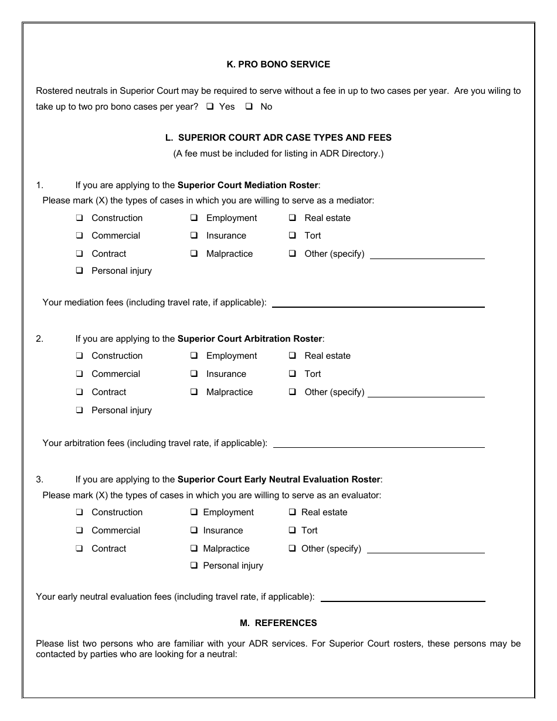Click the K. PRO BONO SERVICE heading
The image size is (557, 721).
pos(278,64)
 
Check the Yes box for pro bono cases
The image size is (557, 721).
pos(210,107)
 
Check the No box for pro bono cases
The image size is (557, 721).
pos(249,107)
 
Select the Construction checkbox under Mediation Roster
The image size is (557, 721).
pos(79,218)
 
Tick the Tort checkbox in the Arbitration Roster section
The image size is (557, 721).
pos(292,374)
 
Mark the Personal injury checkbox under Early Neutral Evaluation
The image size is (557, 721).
pos(193,566)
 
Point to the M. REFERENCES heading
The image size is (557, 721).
pos(278,623)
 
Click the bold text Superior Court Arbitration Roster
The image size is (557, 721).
pos(250,339)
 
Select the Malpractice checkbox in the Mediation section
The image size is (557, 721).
pos(193,254)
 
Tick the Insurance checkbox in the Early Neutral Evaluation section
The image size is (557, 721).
pos(193,530)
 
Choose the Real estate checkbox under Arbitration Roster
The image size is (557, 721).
pos(292,356)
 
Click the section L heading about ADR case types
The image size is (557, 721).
pos(278,138)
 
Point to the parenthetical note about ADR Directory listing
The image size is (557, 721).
pos(278,154)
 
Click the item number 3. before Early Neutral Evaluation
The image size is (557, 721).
pos(40,479)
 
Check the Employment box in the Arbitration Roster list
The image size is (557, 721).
pos(193,356)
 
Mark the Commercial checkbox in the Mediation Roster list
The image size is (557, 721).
pos(79,236)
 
